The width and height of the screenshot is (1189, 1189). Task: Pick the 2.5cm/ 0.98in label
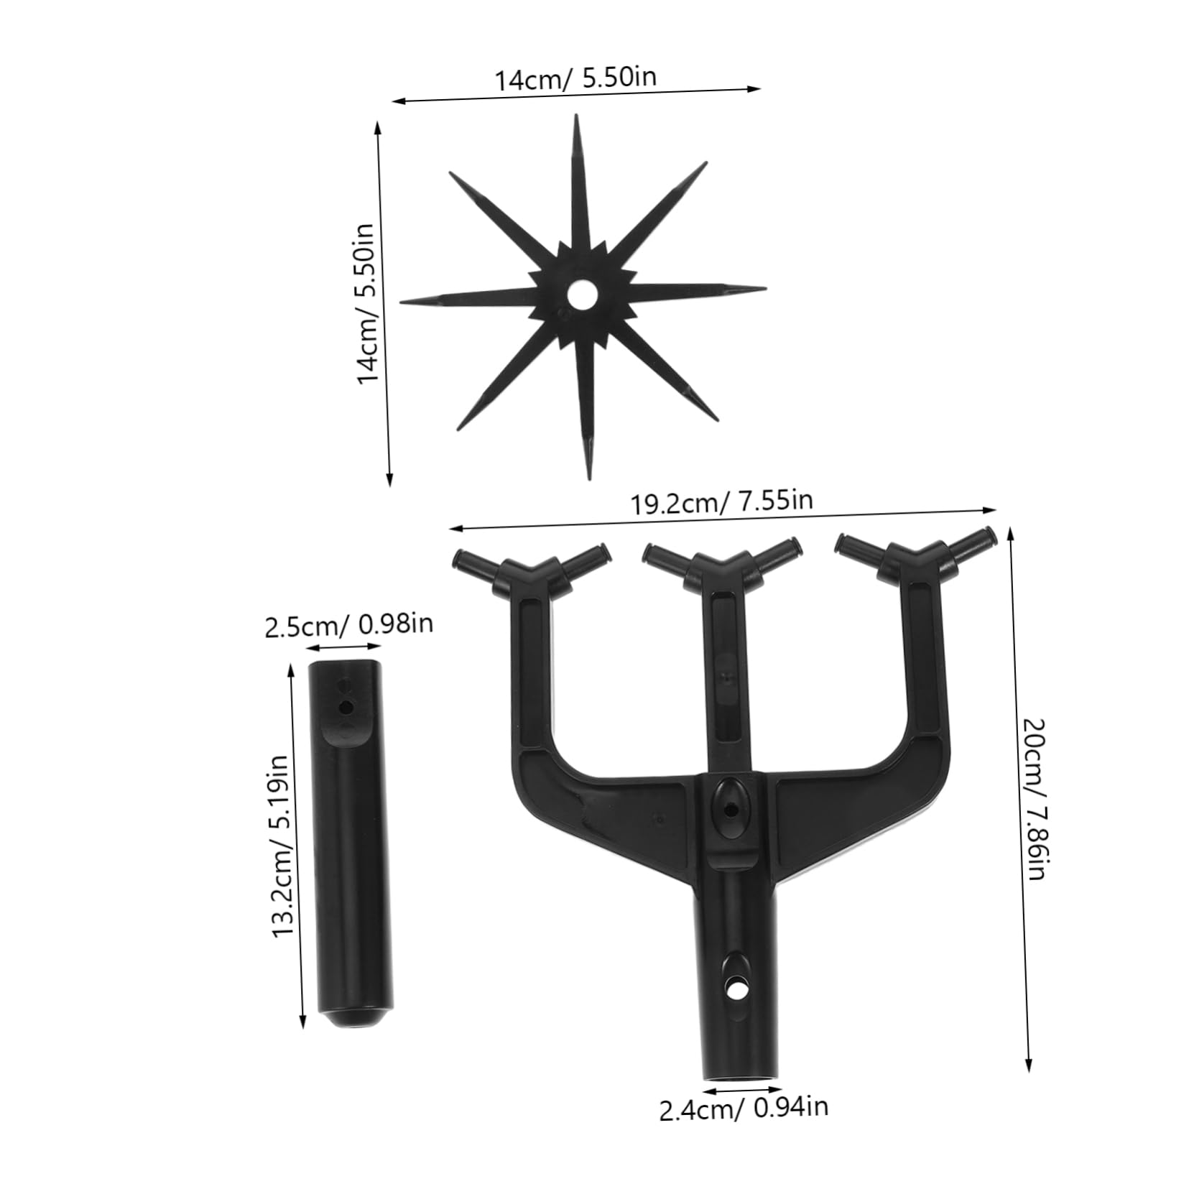(348, 624)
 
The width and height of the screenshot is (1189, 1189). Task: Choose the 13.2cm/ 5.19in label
(281, 845)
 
